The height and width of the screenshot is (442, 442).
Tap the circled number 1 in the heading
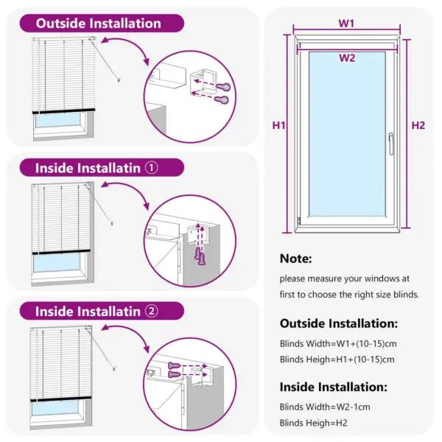tap(152, 168)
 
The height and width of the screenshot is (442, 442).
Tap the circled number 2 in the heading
tap(152, 311)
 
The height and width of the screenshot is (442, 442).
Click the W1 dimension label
tap(346, 24)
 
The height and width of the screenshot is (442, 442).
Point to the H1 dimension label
tap(278, 126)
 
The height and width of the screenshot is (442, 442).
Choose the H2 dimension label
tap(418, 126)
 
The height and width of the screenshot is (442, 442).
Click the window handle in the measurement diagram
tap(391, 143)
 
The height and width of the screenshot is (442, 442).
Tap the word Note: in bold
tap(296, 259)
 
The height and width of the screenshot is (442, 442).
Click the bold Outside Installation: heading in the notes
tap(339, 323)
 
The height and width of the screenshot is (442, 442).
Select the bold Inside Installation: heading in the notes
tap(333, 386)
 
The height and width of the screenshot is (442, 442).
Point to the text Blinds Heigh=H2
tap(314, 423)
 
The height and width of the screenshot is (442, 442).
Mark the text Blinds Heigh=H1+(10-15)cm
tap(337, 359)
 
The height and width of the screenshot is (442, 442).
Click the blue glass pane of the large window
tap(346, 136)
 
